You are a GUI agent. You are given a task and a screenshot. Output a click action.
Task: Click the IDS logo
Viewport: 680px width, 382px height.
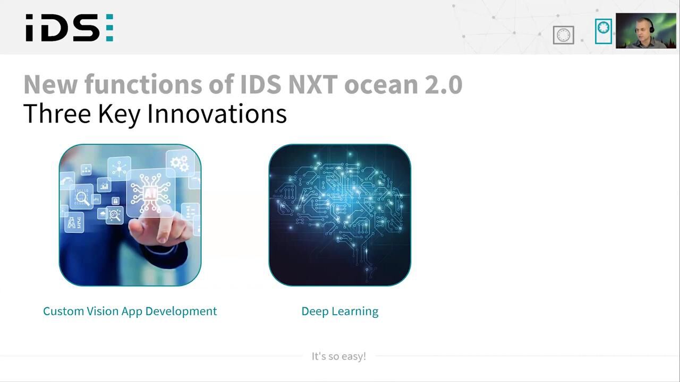coord(70,28)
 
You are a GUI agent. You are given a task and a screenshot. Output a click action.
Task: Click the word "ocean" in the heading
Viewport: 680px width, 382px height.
coord(381,84)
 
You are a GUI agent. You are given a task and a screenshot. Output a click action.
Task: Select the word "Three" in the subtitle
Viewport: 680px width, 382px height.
coord(57,114)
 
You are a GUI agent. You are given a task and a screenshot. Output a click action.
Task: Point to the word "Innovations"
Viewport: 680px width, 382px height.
coord(217,114)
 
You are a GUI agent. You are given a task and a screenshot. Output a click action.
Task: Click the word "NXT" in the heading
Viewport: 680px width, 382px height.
coord(313,84)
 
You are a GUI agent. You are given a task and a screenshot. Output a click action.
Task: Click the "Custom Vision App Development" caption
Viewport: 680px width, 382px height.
coord(130,311)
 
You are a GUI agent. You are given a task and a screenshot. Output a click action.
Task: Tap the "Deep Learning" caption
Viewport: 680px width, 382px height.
coord(339,311)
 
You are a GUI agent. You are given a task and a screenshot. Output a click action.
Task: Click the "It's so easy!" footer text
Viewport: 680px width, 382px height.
coord(339,356)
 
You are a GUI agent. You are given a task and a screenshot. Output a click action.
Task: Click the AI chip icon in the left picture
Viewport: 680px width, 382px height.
coord(150,193)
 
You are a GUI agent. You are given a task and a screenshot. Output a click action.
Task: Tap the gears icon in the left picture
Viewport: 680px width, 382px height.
coord(180,164)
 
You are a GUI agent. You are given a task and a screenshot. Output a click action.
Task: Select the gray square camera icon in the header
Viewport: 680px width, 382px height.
coord(564,35)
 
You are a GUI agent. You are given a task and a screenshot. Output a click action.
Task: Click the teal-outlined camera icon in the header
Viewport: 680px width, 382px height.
coord(603,31)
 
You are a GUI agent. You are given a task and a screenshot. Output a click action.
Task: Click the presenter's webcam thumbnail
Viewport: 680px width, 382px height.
coord(645,31)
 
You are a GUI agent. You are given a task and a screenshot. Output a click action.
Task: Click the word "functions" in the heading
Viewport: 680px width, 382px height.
coord(143,84)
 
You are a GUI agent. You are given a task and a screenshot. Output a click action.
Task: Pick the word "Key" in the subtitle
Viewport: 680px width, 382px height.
coord(119,114)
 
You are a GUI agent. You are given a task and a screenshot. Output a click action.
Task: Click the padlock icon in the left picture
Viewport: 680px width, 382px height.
coord(115,201)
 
